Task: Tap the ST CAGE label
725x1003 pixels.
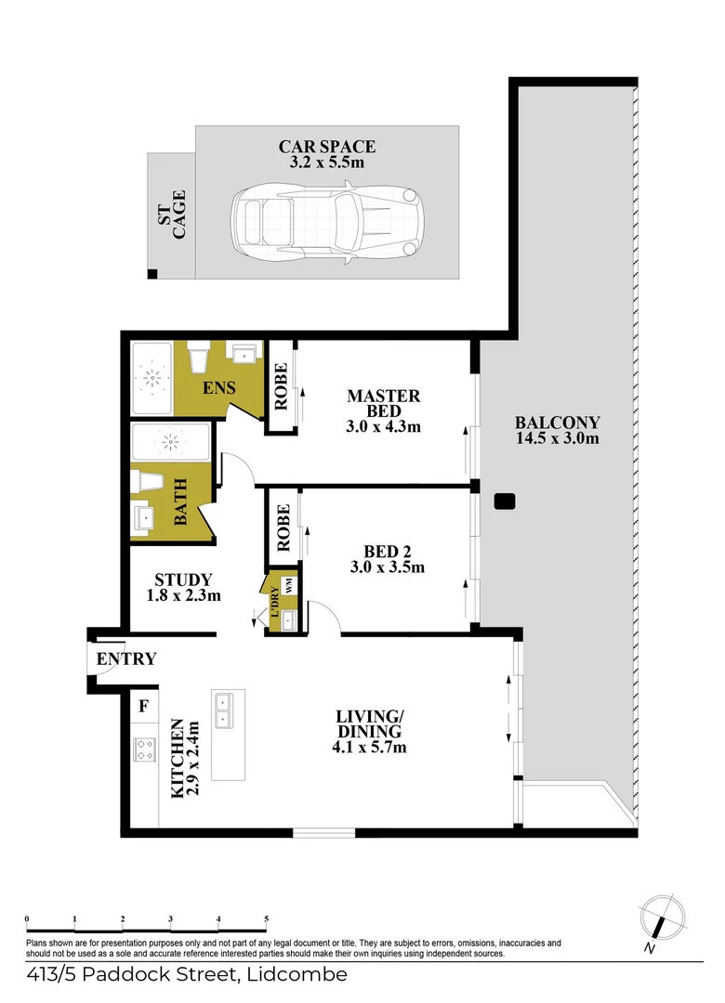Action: tap(172, 215)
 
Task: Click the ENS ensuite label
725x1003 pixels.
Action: tap(219, 387)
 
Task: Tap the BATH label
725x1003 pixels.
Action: tap(180, 502)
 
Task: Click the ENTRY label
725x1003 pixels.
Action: tap(126, 658)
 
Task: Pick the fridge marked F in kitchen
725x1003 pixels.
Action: tap(144, 706)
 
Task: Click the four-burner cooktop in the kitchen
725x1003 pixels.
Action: tap(144, 749)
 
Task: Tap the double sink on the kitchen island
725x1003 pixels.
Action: tap(223, 710)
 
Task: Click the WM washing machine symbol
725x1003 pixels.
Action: tap(288, 585)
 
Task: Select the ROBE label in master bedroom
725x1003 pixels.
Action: tap(281, 386)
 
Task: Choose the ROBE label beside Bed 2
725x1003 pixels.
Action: tap(283, 528)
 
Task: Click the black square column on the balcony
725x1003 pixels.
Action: tap(505, 501)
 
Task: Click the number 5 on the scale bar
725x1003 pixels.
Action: tap(267, 919)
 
